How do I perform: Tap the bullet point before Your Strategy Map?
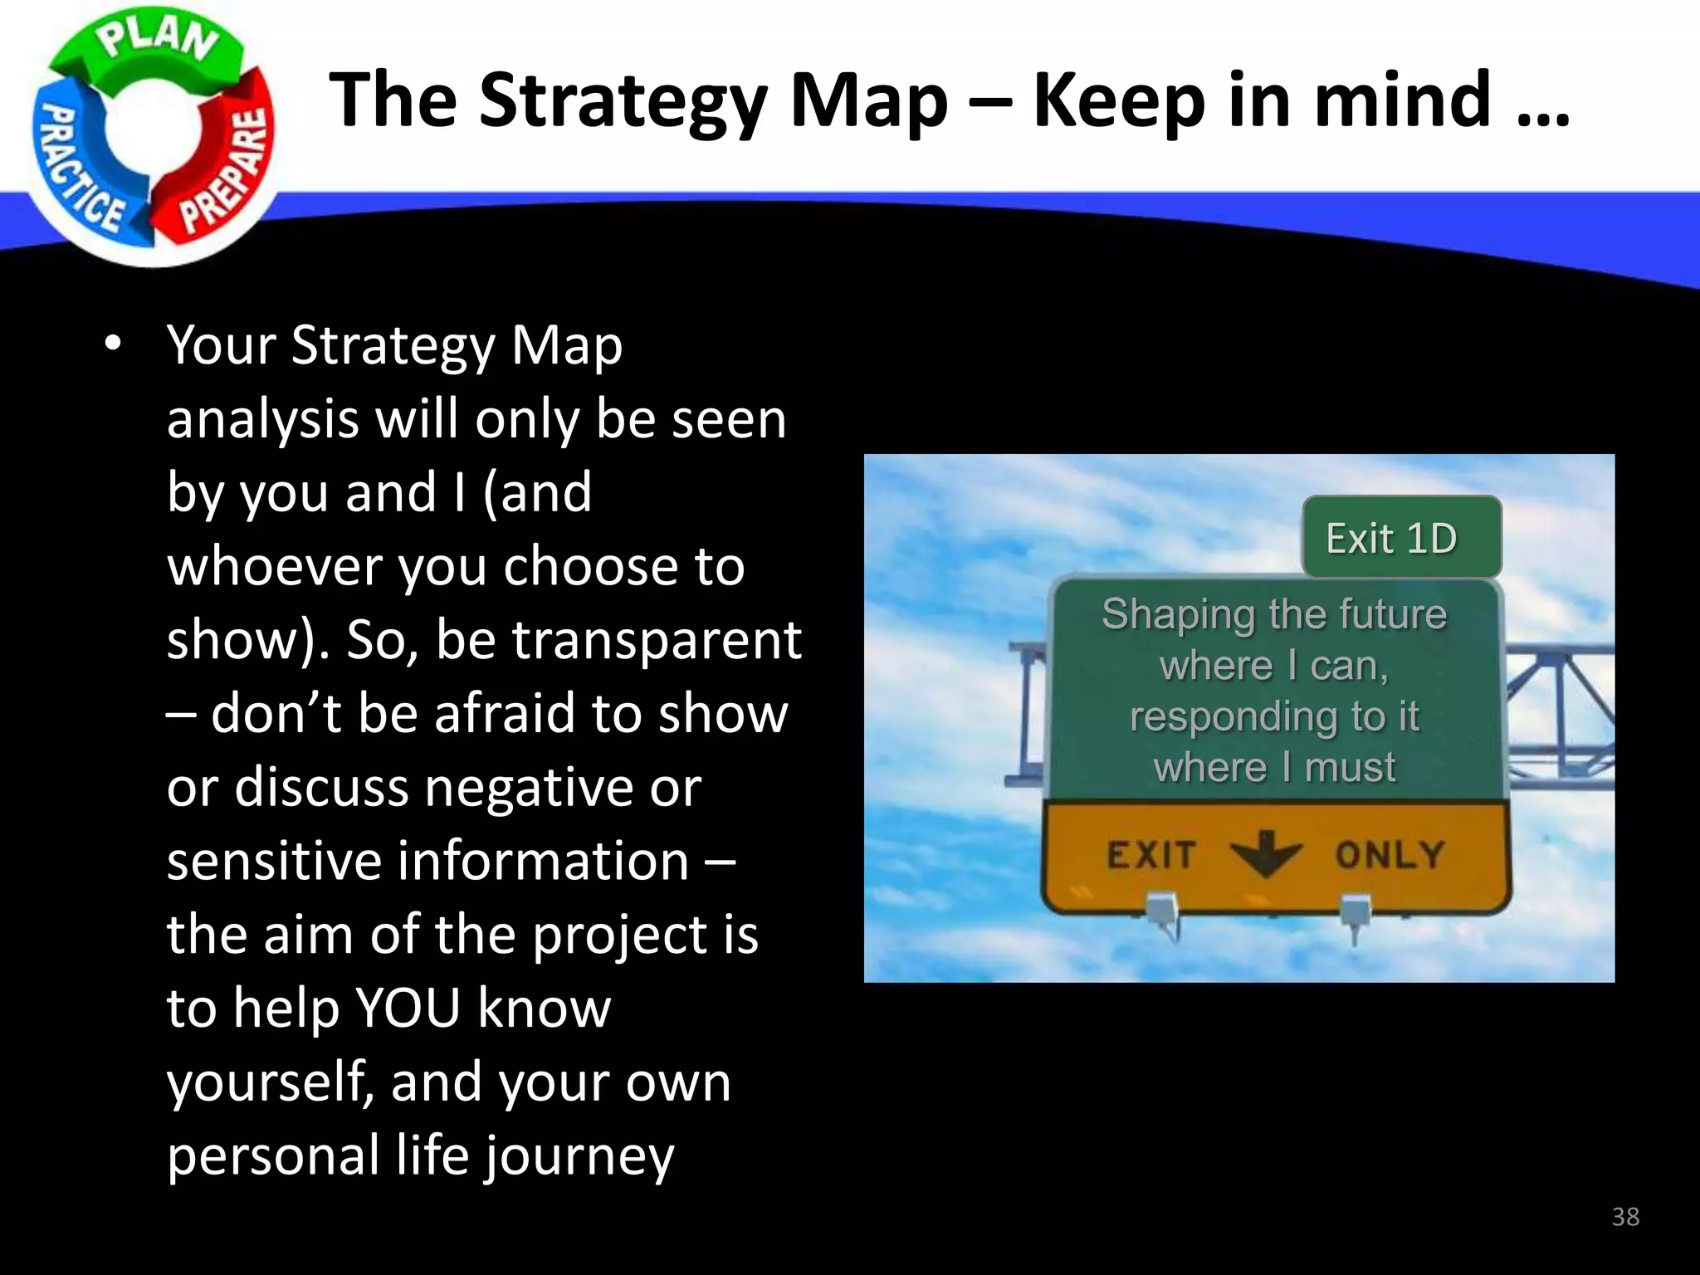[112, 344]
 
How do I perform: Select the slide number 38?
[1625, 1217]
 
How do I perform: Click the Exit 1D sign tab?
[1392, 538]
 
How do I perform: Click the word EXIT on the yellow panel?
[1151, 854]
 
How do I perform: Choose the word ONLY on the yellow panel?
[1390, 854]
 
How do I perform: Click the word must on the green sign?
[1351, 768]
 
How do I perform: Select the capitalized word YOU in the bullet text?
[408, 1009]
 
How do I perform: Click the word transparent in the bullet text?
[656, 640]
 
